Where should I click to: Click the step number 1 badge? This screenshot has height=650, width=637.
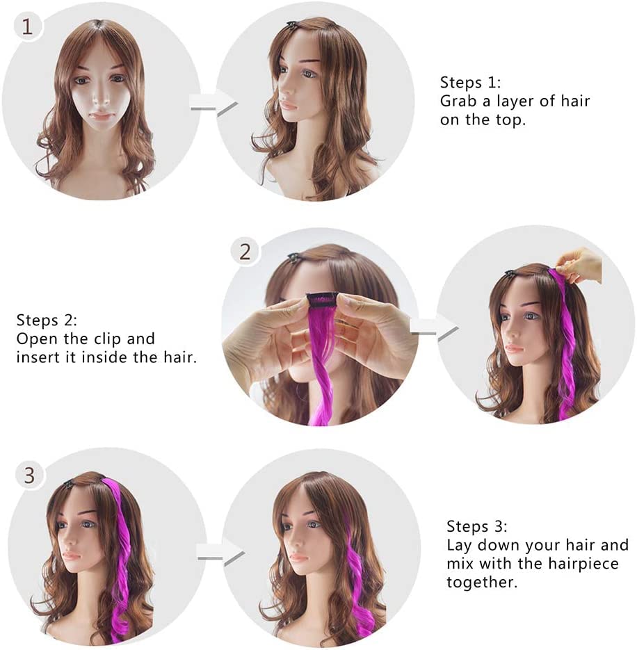(27, 27)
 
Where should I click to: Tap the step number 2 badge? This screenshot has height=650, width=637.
(245, 251)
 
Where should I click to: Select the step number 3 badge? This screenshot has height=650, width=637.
(29, 476)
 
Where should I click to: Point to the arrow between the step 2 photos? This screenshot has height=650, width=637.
(433, 326)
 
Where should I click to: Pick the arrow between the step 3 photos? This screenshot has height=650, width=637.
(220, 554)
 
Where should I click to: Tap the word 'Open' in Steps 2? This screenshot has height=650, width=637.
(35, 339)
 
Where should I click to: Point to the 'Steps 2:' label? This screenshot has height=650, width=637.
(47, 320)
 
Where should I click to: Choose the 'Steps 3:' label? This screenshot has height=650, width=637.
(477, 526)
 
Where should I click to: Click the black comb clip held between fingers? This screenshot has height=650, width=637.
(323, 299)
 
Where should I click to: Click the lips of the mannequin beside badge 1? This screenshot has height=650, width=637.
(102, 116)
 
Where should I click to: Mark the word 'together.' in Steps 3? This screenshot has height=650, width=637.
(482, 582)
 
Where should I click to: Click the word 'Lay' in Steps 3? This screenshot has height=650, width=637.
(459, 545)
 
